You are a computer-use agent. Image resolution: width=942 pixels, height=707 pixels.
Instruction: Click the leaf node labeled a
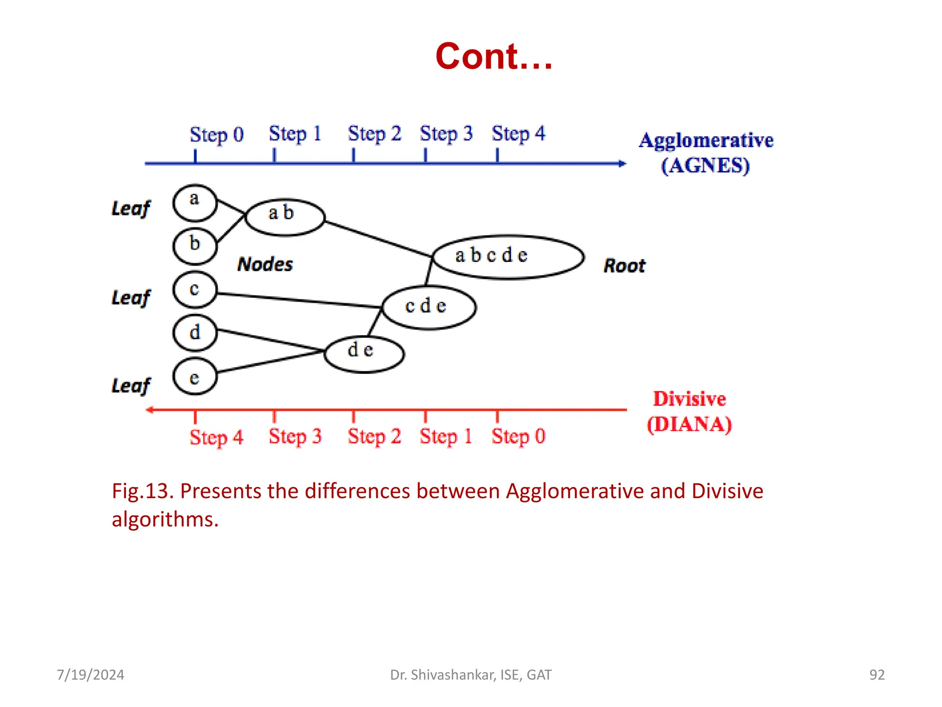(x=195, y=203)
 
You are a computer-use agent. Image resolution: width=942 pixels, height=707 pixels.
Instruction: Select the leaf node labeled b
(x=195, y=246)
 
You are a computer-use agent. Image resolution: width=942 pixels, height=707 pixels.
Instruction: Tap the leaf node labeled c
(x=195, y=290)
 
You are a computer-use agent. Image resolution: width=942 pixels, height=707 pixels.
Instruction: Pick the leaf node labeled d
(x=195, y=333)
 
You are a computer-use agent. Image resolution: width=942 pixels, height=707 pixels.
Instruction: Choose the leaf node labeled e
(x=195, y=377)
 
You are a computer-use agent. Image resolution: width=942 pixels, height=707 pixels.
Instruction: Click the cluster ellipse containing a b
(x=285, y=217)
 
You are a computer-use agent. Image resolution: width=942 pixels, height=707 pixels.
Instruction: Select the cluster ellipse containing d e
(x=364, y=353)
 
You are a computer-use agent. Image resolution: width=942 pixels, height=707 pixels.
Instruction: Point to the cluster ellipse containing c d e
(x=429, y=307)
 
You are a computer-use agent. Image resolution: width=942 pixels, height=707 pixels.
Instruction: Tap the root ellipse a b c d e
(x=508, y=257)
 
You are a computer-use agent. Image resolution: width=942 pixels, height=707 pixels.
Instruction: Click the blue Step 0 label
(x=217, y=135)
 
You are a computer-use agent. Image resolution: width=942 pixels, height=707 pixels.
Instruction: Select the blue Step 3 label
(x=446, y=134)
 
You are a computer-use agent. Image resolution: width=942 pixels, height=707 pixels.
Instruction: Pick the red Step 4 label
(x=217, y=437)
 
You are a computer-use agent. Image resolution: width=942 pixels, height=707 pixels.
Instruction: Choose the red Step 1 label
(x=446, y=436)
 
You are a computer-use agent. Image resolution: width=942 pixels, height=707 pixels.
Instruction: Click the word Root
(x=624, y=266)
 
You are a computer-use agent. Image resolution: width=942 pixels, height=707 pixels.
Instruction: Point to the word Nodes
(x=265, y=264)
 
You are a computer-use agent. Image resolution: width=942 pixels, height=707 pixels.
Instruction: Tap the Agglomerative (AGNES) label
(x=706, y=153)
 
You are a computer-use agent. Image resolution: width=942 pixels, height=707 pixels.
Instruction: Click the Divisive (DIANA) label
(x=689, y=411)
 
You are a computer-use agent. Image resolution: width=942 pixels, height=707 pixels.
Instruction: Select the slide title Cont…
(x=494, y=56)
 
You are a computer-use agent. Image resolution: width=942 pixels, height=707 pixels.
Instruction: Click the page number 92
(x=877, y=674)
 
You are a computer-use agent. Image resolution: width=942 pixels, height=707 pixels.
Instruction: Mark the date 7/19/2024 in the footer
(x=91, y=674)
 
